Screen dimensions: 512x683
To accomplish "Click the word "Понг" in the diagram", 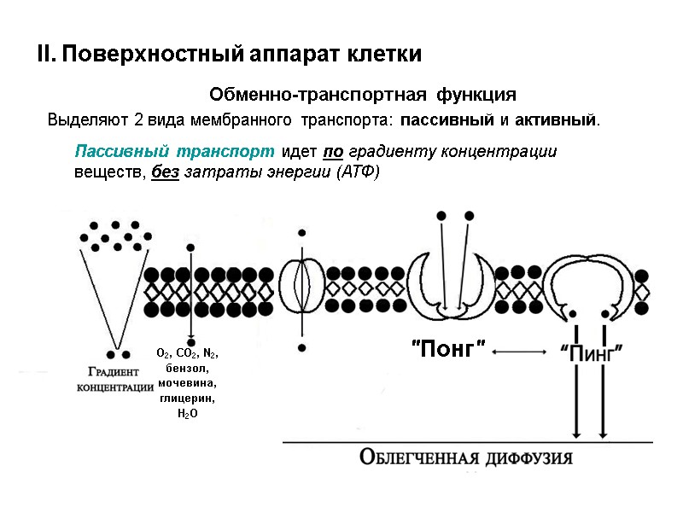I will point(449,348).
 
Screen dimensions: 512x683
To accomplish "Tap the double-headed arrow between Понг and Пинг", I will point(519,350).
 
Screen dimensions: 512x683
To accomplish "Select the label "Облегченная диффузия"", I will point(466,457).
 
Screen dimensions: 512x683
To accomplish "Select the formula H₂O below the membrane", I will point(188,414).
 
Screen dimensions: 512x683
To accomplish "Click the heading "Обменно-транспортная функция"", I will point(363,93).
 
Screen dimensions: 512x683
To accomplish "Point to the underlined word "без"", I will point(166,172).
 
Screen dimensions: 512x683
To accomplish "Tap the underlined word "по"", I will point(333,152).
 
